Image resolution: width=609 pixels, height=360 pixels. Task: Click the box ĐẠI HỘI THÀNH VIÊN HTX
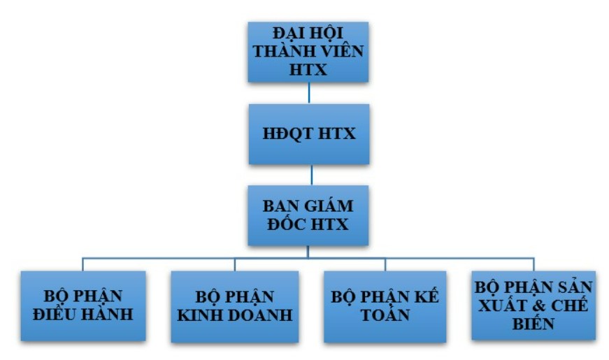[x=308, y=52]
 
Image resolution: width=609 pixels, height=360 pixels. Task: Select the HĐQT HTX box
[x=308, y=134]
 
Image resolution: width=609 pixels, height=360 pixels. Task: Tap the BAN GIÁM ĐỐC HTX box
[x=308, y=215]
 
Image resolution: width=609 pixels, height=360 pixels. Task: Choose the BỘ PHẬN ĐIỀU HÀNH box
[x=83, y=305]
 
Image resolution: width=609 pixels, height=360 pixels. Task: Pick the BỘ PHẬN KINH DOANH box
[x=234, y=305]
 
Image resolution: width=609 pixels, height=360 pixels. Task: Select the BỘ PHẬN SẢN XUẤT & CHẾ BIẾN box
[x=533, y=305]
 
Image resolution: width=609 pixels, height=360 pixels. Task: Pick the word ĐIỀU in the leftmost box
[x=55, y=315]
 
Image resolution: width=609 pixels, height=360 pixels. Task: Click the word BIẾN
[x=533, y=324]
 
